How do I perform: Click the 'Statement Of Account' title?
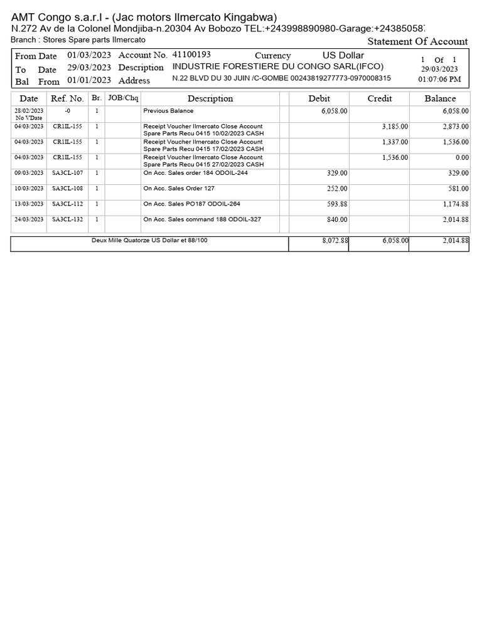pos(417,41)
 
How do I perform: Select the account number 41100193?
pos(191,55)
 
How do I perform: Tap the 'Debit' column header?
pos(319,98)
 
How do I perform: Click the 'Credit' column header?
pos(380,98)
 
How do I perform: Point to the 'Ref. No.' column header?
pos(67,98)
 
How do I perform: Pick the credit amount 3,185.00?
pos(395,127)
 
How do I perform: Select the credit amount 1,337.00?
pos(395,142)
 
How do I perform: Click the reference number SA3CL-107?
pos(67,173)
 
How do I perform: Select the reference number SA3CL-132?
pos(67,219)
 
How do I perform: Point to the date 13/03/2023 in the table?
pos(29,204)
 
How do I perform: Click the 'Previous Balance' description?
pos(168,111)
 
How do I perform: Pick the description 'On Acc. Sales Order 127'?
pos(179,188)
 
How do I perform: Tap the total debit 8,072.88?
pos(333,240)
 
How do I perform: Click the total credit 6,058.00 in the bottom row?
pos(395,240)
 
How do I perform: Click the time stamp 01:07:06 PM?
pos(439,80)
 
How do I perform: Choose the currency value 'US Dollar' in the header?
pos(343,55)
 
